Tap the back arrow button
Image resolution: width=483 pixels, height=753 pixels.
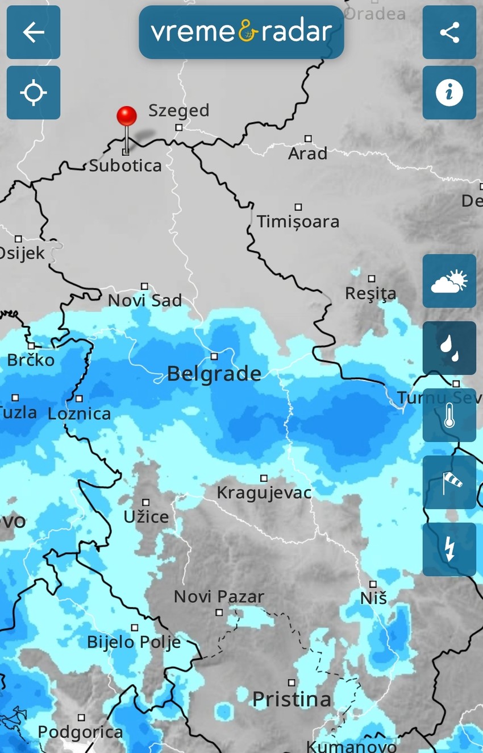pyautogui.click(x=33, y=32)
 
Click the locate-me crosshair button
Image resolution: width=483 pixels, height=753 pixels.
pyautogui.click(x=33, y=93)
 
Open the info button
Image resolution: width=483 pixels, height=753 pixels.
pyautogui.click(x=449, y=93)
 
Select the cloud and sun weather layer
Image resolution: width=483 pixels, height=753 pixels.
pyautogui.click(x=449, y=281)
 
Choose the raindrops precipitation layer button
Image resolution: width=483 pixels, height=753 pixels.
pyautogui.click(x=449, y=348)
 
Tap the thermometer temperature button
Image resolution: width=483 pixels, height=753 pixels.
pyautogui.click(x=449, y=415)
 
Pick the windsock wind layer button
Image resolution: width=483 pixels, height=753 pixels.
pyautogui.click(x=449, y=482)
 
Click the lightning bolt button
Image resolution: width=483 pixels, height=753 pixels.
pyautogui.click(x=449, y=549)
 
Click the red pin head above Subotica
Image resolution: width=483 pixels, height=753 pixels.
pyautogui.click(x=126, y=116)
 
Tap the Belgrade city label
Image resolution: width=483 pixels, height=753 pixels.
pyautogui.click(x=214, y=374)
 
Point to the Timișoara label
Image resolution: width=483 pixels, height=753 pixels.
pyautogui.click(x=298, y=221)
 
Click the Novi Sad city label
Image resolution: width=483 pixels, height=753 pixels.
pyautogui.click(x=145, y=300)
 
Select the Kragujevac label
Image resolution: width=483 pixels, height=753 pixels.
pyautogui.click(x=264, y=493)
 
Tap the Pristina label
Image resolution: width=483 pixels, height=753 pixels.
pyautogui.click(x=292, y=699)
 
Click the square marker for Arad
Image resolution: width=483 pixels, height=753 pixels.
pyautogui.click(x=308, y=138)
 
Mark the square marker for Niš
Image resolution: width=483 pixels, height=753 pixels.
pyautogui.click(x=373, y=584)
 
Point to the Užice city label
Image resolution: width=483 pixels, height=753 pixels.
pyautogui.click(x=146, y=517)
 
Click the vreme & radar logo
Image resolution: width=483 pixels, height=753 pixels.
pyautogui.click(x=241, y=32)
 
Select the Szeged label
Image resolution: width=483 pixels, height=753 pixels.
pyautogui.click(x=178, y=110)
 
